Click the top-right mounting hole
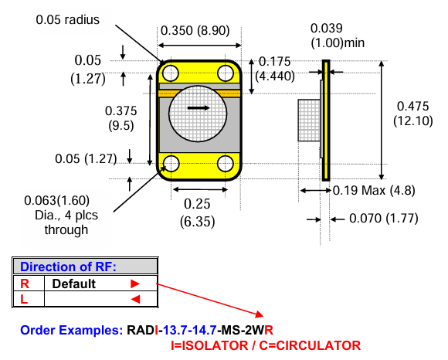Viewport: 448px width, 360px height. [226, 73]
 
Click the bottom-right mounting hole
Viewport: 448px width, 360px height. [226, 163]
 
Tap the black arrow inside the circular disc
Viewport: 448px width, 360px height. [199, 108]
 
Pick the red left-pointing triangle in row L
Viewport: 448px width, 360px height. [135, 299]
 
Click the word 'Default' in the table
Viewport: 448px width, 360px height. [74, 284]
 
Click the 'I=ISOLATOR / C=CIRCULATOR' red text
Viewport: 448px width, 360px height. [266, 345]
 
